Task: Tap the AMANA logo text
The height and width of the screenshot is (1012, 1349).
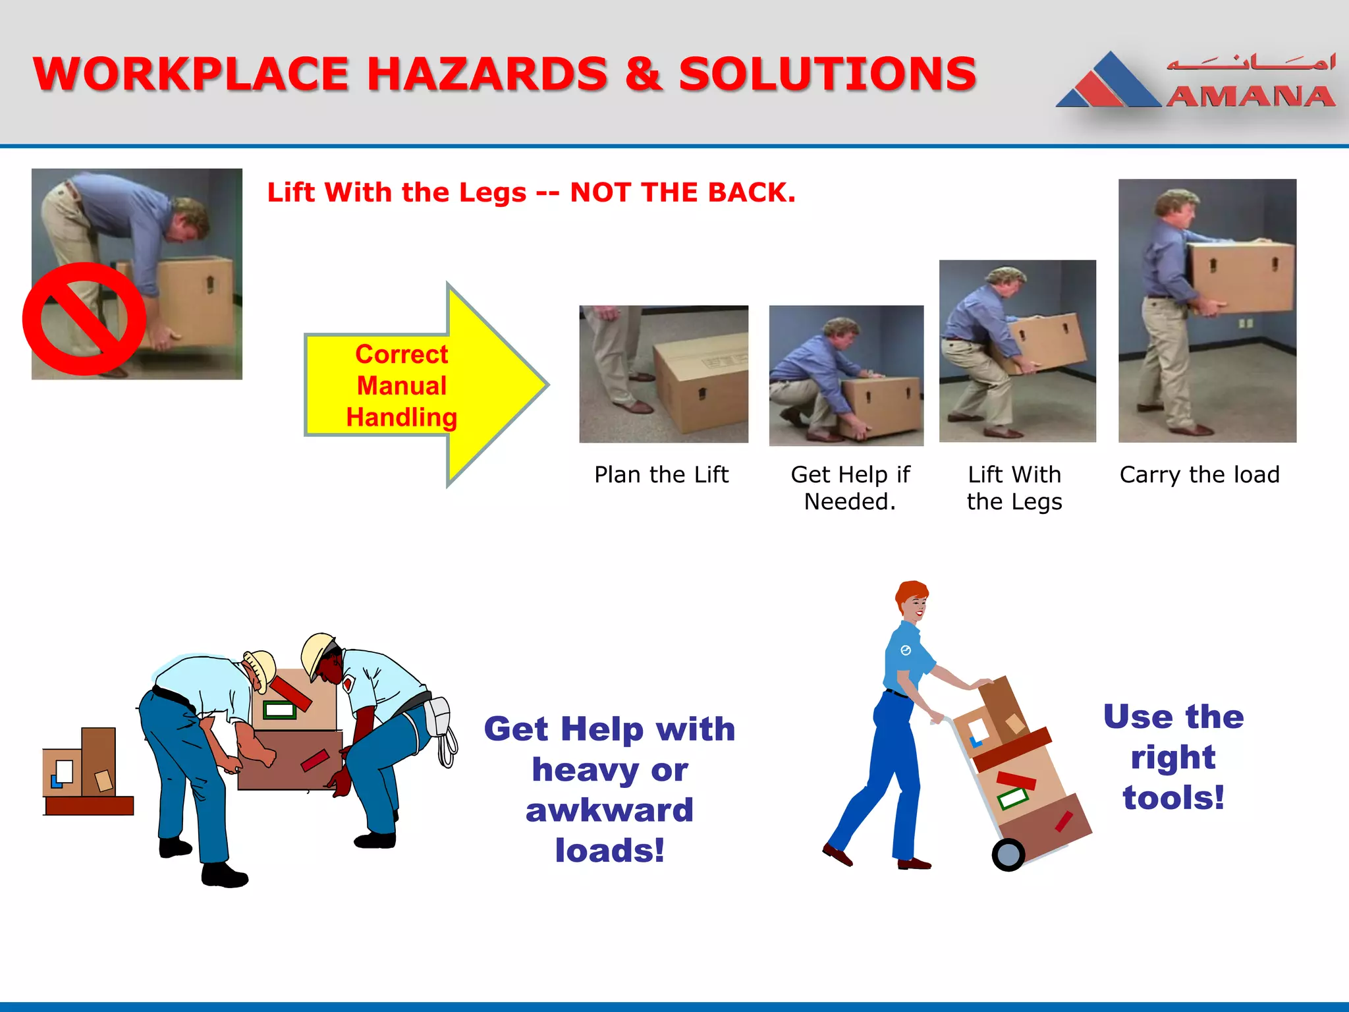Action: (1250, 97)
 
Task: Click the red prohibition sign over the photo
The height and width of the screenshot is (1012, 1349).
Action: (84, 319)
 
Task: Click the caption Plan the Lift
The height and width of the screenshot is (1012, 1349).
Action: (661, 474)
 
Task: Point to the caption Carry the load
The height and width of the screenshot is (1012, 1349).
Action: (1199, 474)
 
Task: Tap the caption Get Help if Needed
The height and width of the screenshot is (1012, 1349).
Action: (850, 488)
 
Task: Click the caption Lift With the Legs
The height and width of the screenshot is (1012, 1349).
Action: (1014, 488)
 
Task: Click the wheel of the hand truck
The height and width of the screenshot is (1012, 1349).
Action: (1008, 855)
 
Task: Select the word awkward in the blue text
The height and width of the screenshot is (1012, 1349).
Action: (609, 810)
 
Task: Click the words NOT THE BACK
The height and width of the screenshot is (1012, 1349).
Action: (682, 192)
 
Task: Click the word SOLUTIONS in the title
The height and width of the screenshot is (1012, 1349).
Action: (827, 74)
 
